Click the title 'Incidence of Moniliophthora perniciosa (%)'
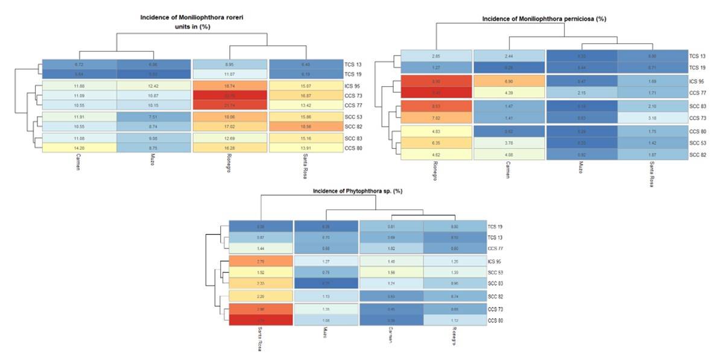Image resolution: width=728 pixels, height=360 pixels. click(x=543, y=19)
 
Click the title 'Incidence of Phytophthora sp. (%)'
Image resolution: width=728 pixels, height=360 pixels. click(x=357, y=191)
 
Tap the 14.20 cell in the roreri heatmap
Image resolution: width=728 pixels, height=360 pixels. click(x=79, y=148)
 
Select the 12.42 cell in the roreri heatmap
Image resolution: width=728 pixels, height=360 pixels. click(x=154, y=87)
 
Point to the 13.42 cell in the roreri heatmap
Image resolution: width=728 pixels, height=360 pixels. click(x=306, y=105)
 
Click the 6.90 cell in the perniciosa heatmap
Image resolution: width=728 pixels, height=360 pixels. click(x=509, y=81)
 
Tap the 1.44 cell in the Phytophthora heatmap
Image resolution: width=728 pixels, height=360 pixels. click(x=261, y=248)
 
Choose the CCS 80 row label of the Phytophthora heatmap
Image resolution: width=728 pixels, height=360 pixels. click(x=496, y=320)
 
